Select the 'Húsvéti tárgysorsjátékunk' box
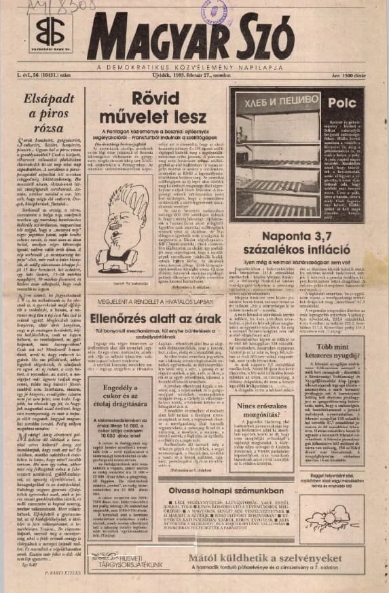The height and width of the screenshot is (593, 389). [122, 563]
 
